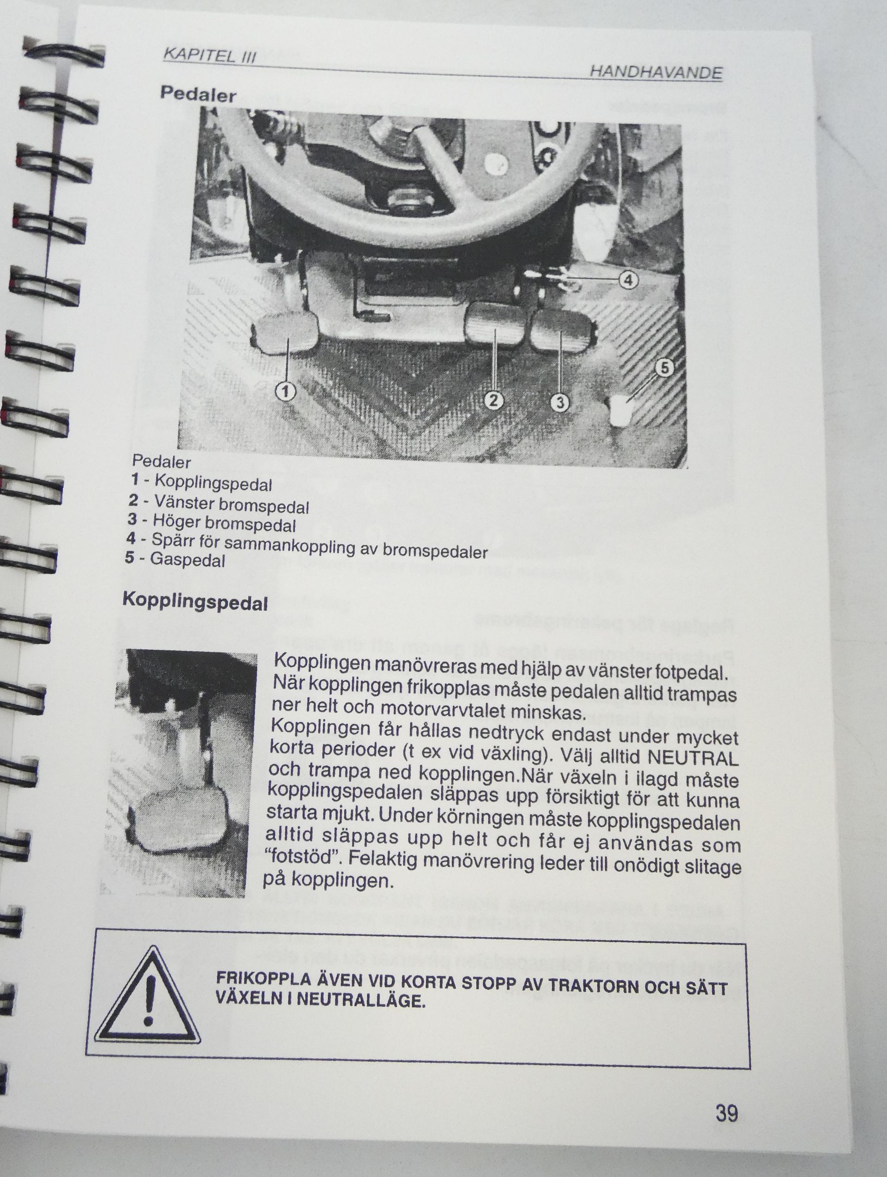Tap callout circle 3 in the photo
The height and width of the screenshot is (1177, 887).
(559, 403)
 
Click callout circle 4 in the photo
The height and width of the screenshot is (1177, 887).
(629, 281)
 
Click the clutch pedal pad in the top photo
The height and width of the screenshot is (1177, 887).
(285, 333)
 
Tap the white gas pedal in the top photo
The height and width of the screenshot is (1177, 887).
(620, 410)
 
